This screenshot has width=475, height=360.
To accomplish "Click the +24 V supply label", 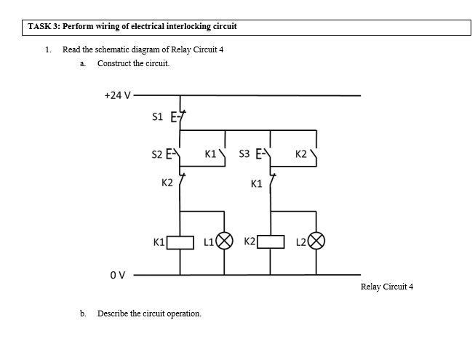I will pyautogui.click(x=117, y=95).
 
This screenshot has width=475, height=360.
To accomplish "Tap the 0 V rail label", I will pyautogui.click(x=118, y=275).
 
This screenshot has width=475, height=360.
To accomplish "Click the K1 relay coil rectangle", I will pyautogui.click(x=180, y=241).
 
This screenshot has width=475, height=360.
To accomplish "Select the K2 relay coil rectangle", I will pyautogui.click(x=271, y=241).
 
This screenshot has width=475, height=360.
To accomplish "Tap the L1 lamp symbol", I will pyautogui.click(x=225, y=241).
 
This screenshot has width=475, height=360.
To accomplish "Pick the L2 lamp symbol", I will pyautogui.click(x=316, y=241).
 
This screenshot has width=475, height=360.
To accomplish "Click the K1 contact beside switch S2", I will pyautogui.click(x=224, y=155).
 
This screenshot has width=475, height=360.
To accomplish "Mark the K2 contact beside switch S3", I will pyautogui.click(x=315, y=155).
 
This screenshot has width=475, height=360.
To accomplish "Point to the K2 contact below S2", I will pyautogui.click(x=180, y=181).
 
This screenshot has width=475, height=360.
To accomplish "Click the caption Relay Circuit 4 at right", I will pyautogui.click(x=386, y=287).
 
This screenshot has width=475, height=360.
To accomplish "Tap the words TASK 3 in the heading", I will pyautogui.click(x=44, y=27).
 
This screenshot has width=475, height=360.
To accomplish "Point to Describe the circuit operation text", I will pyautogui.click(x=149, y=313).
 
